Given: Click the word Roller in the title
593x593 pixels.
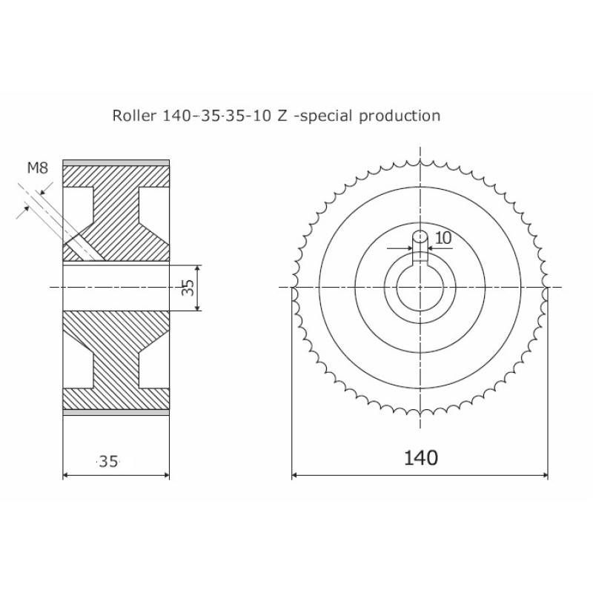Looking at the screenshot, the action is (134, 116).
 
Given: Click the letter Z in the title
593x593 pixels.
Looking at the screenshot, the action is (282, 116).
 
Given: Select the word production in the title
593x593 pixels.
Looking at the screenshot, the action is (400, 116).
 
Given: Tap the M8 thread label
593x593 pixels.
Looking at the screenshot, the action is (38, 168).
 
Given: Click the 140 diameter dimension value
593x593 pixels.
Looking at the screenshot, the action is (421, 457).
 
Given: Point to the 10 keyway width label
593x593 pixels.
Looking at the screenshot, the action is (443, 238).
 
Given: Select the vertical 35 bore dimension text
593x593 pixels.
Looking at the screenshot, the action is (188, 288).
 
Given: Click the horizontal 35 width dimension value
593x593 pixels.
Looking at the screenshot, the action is (108, 461).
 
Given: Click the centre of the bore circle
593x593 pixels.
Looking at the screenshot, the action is (420, 288).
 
